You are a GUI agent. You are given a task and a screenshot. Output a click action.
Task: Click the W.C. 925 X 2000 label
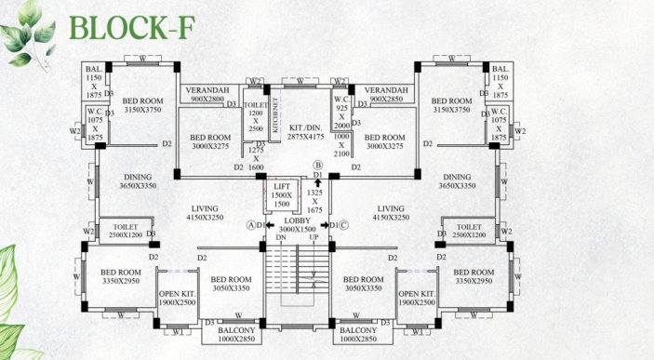coord(341,110)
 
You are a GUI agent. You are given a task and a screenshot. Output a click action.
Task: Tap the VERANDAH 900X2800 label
coord(206,94)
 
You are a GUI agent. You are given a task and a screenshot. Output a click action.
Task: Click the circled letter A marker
coord(252,224)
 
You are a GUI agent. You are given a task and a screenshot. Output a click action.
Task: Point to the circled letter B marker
coord(317,166)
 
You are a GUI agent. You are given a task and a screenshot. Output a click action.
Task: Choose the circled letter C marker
coord(342,224)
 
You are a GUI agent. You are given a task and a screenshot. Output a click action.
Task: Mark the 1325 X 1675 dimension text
coord(314,202)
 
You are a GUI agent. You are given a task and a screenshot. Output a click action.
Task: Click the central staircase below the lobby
coord(296,275)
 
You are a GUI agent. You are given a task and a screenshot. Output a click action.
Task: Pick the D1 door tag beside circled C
coord(332,225)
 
